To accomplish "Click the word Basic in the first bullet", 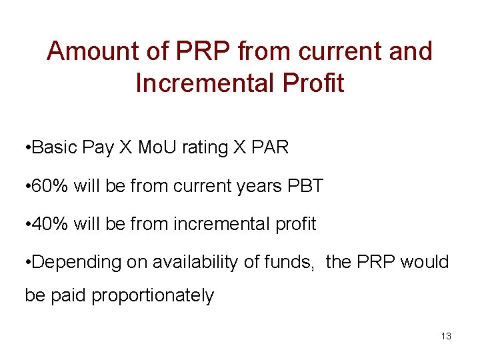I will [55, 147].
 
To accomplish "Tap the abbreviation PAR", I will [271, 147].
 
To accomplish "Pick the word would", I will [425, 262].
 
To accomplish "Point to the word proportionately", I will [153, 295].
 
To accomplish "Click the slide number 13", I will [446, 336].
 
